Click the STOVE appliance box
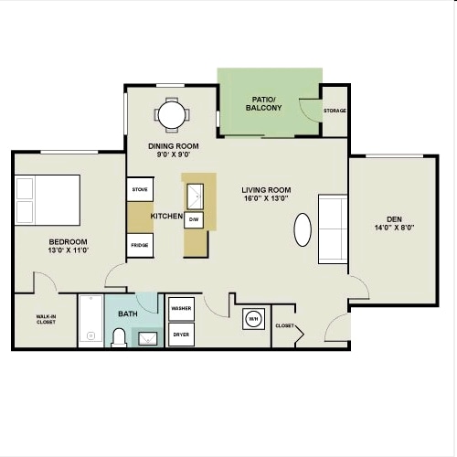click(x=140, y=189)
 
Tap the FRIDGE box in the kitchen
click(x=140, y=245)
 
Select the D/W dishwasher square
click(x=194, y=219)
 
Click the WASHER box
click(x=181, y=309)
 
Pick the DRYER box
click(x=181, y=335)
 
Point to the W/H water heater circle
click(x=253, y=319)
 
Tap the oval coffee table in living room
click(x=303, y=229)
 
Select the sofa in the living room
click(x=333, y=228)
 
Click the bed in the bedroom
click(x=48, y=200)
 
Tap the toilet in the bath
click(x=119, y=338)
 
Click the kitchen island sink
click(x=195, y=197)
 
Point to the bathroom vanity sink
click(x=148, y=338)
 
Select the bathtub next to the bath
click(x=91, y=321)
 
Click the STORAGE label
click(x=335, y=111)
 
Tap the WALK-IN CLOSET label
click(x=46, y=319)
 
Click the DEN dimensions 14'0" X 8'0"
click(x=395, y=228)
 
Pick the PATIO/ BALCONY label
click(x=264, y=103)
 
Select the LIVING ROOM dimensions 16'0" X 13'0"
click(x=266, y=198)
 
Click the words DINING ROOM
click(x=174, y=146)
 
